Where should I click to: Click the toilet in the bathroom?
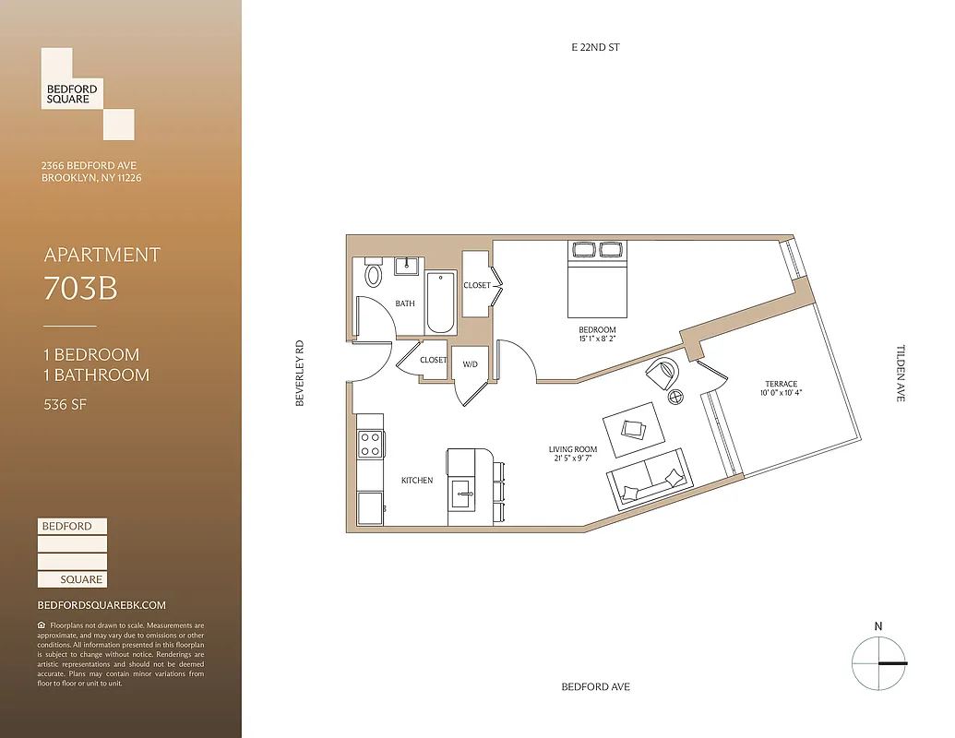click(x=374, y=273)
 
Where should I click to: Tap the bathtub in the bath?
click(x=441, y=304)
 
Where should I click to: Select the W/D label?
click(x=471, y=364)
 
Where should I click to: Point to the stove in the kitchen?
click(x=370, y=445)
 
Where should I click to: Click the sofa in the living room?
click(x=647, y=478)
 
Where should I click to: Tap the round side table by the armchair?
click(x=676, y=398)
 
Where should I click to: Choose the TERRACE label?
click(x=781, y=384)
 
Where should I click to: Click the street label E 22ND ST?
click(x=594, y=47)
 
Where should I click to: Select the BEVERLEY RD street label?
click(x=299, y=375)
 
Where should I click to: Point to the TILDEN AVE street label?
click(x=901, y=373)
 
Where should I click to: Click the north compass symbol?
click(x=877, y=662)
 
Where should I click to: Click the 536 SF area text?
click(x=66, y=403)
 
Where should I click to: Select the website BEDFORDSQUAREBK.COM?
click(x=101, y=605)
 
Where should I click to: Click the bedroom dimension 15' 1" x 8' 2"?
click(x=597, y=339)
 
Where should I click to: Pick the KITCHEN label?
click(x=417, y=481)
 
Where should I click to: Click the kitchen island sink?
click(x=462, y=491)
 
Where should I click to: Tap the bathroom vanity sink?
click(x=407, y=267)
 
